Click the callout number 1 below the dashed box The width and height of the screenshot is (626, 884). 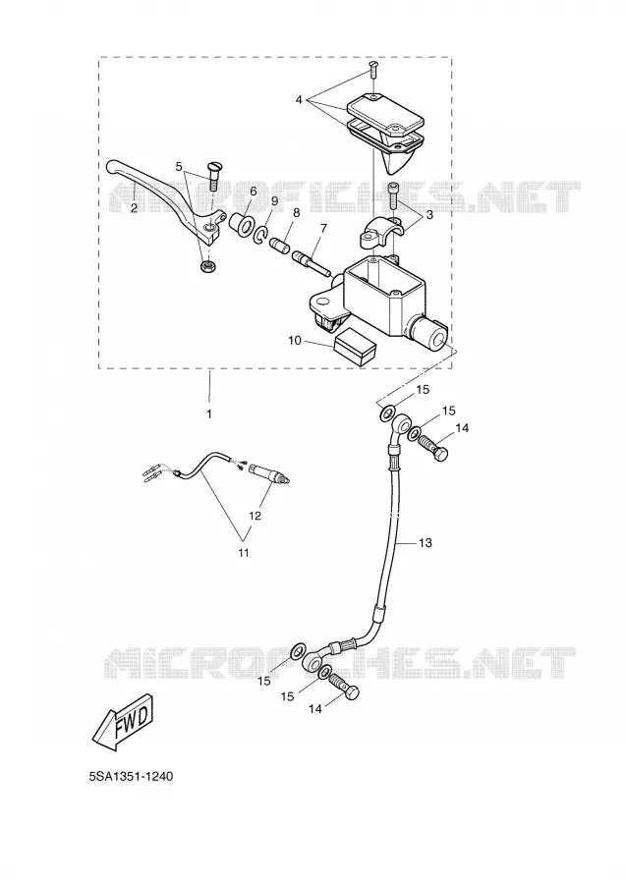(x=209, y=414)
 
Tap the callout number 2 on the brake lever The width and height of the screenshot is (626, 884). (x=134, y=208)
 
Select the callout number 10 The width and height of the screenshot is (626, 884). (x=295, y=341)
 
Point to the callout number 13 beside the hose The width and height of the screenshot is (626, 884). (x=426, y=542)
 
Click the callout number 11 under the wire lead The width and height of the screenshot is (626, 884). (x=243, y=552)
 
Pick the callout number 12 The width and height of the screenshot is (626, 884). (x=255, y=516)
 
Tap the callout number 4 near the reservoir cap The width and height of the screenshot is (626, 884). (x=299, y=100)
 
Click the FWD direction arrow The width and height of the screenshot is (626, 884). (x=123, y=722)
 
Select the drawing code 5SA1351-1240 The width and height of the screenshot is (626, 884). (x=131, y=776)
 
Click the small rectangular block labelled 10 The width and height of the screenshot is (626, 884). (x=354, y=347)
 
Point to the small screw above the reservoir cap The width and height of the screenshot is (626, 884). (x=373, y=69)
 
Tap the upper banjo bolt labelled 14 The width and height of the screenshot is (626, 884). (x=434, y=448)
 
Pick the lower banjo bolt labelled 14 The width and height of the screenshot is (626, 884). (x=343, y=687)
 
